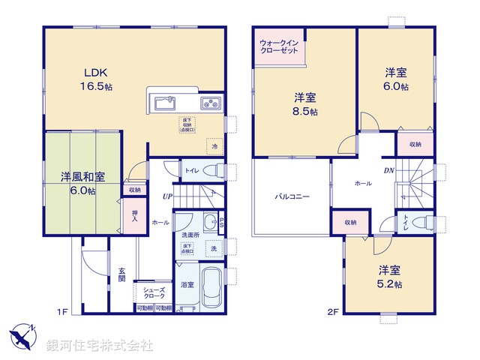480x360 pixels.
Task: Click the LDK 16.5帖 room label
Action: tap(96, 79)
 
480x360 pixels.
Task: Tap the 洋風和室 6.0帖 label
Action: tap(82, 184)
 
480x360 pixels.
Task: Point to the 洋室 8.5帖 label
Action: tap(305, 103)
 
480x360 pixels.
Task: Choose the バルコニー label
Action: tap(291, 197)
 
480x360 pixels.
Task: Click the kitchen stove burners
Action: tap(210, 103)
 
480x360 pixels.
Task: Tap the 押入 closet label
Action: tap(134, 215)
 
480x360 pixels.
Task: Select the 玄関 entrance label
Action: tap(121, 275)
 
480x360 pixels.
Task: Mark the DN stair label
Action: tap(390, 171)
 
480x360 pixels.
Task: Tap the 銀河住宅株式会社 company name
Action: tap(99, 346)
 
